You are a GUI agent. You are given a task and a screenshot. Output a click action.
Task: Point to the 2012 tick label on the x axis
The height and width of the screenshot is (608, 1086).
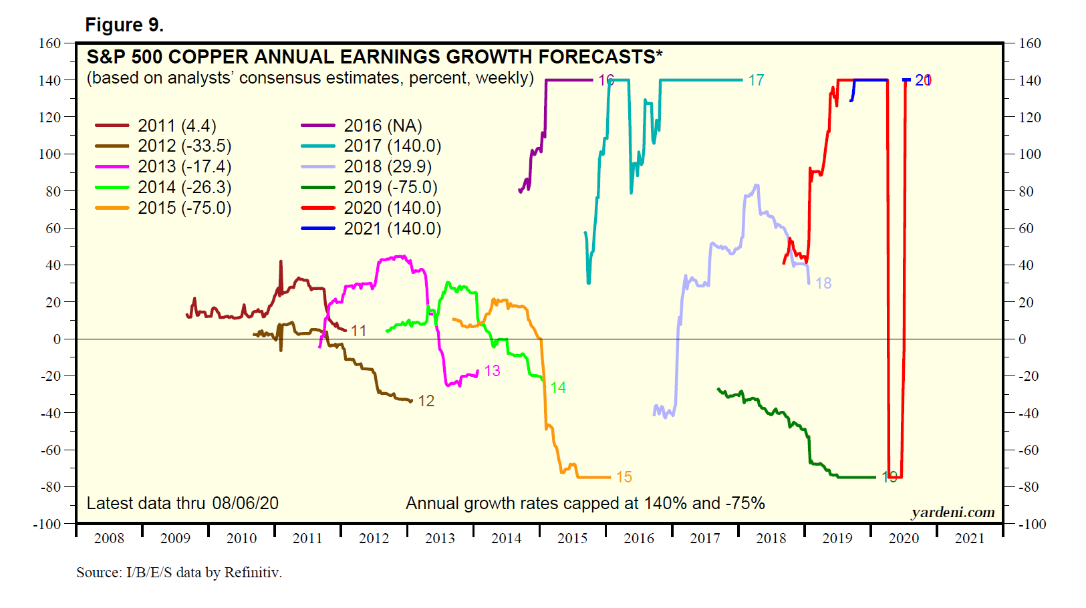[x=374, y=539]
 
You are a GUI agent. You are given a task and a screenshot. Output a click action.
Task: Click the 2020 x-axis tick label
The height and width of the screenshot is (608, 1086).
[x=904, y=539]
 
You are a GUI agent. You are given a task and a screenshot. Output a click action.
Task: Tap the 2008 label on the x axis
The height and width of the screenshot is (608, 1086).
[x=109, y=539]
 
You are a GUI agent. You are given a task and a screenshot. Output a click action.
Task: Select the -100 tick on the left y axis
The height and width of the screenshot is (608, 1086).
[x=47, y=524]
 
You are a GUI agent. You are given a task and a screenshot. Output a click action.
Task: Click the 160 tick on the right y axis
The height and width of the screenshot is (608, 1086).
[x=1030, y=43]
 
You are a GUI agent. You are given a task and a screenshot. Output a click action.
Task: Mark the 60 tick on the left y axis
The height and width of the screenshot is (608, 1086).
[x=53, y=229]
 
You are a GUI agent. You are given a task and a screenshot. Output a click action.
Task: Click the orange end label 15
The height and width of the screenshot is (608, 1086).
[x=624, y=477]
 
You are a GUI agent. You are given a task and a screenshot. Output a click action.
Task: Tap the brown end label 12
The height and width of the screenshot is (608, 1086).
[x=426, y=401]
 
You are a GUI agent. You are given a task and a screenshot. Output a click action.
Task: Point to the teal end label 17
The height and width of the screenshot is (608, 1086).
[x=756, y=81]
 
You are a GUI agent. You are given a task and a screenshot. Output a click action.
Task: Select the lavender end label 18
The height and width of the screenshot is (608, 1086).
[x=823, y=283]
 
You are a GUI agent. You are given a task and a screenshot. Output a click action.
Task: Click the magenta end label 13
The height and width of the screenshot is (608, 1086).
[x=493, y=371]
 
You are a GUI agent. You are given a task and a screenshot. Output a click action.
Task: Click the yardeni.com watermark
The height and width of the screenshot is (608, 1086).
[x=952, y=512]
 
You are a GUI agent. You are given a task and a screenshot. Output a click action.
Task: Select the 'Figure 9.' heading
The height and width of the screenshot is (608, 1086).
[x=124, y=25]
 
